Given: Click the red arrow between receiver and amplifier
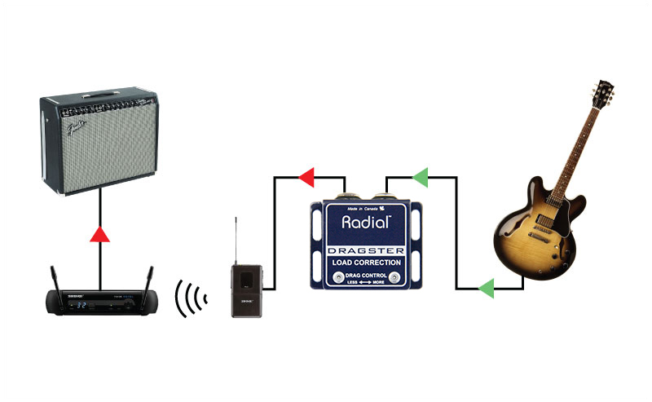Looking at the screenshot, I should coord(99,236).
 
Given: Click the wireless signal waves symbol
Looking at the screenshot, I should coord(190,299).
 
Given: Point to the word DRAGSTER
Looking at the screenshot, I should coord(366,251).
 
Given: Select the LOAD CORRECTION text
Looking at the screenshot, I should coord(366,263).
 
